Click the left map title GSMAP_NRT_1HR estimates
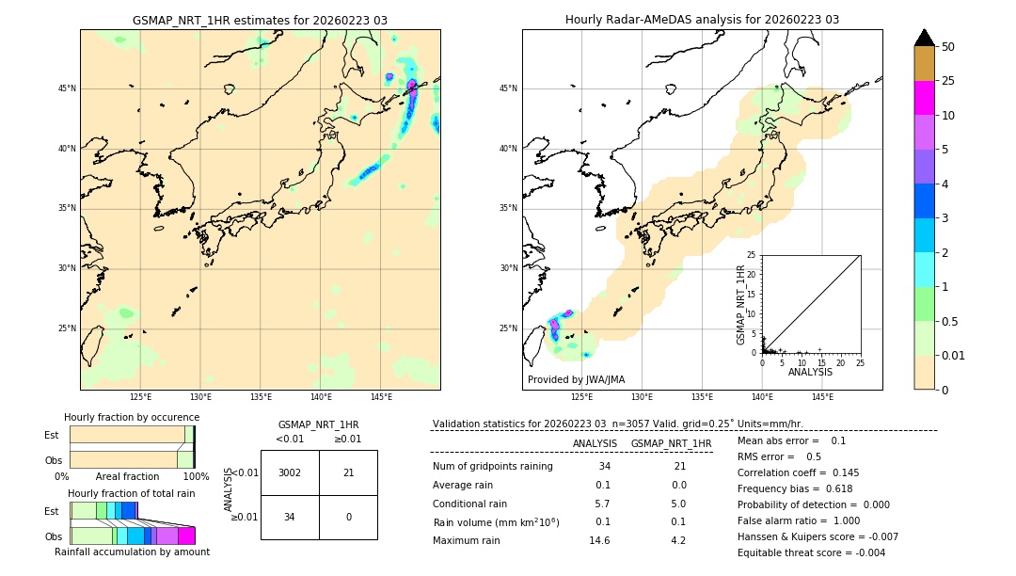pos(260,20)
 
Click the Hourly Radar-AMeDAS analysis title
pos(702,20)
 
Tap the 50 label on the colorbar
pos(949,47)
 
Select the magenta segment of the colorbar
pos(924,99)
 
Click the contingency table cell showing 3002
pos(290,472)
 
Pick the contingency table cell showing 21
pos(348,472)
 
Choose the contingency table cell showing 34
pos(290,517)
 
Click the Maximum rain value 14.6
pos(599,540)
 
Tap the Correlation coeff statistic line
pos(798,472)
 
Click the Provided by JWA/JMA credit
pos(576,380)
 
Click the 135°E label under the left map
pos(261,397)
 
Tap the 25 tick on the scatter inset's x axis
pos(860,362)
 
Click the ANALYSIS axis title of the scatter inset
pos(811,373)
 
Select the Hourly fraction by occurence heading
pos(132,417)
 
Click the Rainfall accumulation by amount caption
pos(132,552)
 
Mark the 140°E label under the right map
pos(762,397)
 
